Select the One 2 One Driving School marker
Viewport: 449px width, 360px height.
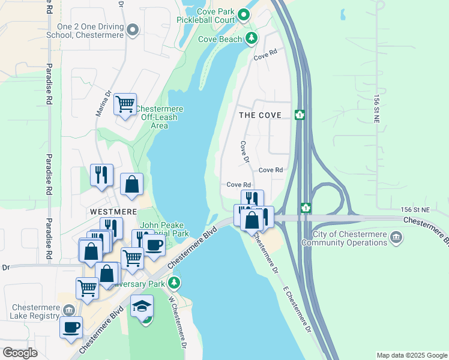pos(133,29)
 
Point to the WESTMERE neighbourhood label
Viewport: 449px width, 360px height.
pos(113,212)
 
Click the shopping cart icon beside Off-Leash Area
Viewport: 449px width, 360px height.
pos(125,104)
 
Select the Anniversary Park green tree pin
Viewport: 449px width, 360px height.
pos(174,283)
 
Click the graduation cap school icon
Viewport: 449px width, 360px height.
pos(142,307)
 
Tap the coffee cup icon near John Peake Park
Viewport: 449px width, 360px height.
pos(154,245)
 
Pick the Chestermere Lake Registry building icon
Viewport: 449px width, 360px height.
pos(70,310)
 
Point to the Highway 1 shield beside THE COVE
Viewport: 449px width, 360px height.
pos(300,115)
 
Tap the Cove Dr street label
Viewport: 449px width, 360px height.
pos(244,152)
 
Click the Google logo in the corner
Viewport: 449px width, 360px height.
pos(20,353)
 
